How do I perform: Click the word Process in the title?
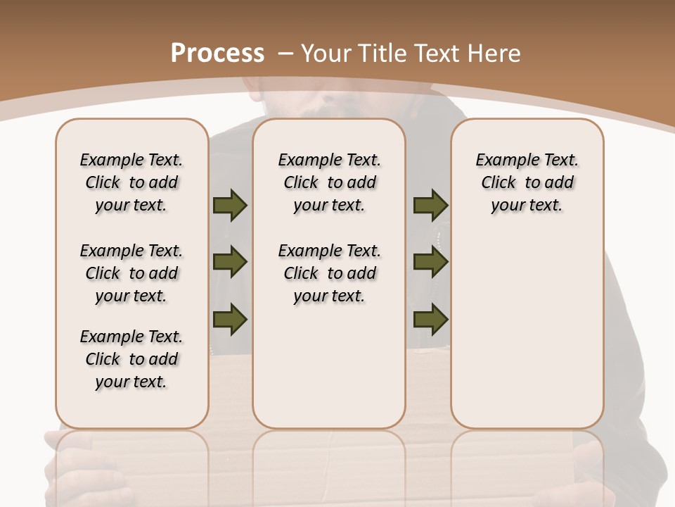coord(217,53)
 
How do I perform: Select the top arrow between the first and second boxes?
coord(230,205)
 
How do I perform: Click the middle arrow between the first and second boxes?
coord(230,262)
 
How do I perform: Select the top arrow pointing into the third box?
coord(430,205)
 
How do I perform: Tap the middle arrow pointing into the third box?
coord(430,262)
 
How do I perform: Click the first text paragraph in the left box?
coord(131,182)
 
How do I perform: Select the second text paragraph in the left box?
coord(131,273)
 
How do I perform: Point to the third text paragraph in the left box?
coord(131,359)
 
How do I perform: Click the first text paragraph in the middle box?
coord(329,182)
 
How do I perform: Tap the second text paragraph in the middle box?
coord(329,273)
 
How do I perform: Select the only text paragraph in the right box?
coord(527,182)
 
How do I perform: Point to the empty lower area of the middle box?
coord(329,366)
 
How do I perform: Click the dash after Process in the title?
coord(285,54)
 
